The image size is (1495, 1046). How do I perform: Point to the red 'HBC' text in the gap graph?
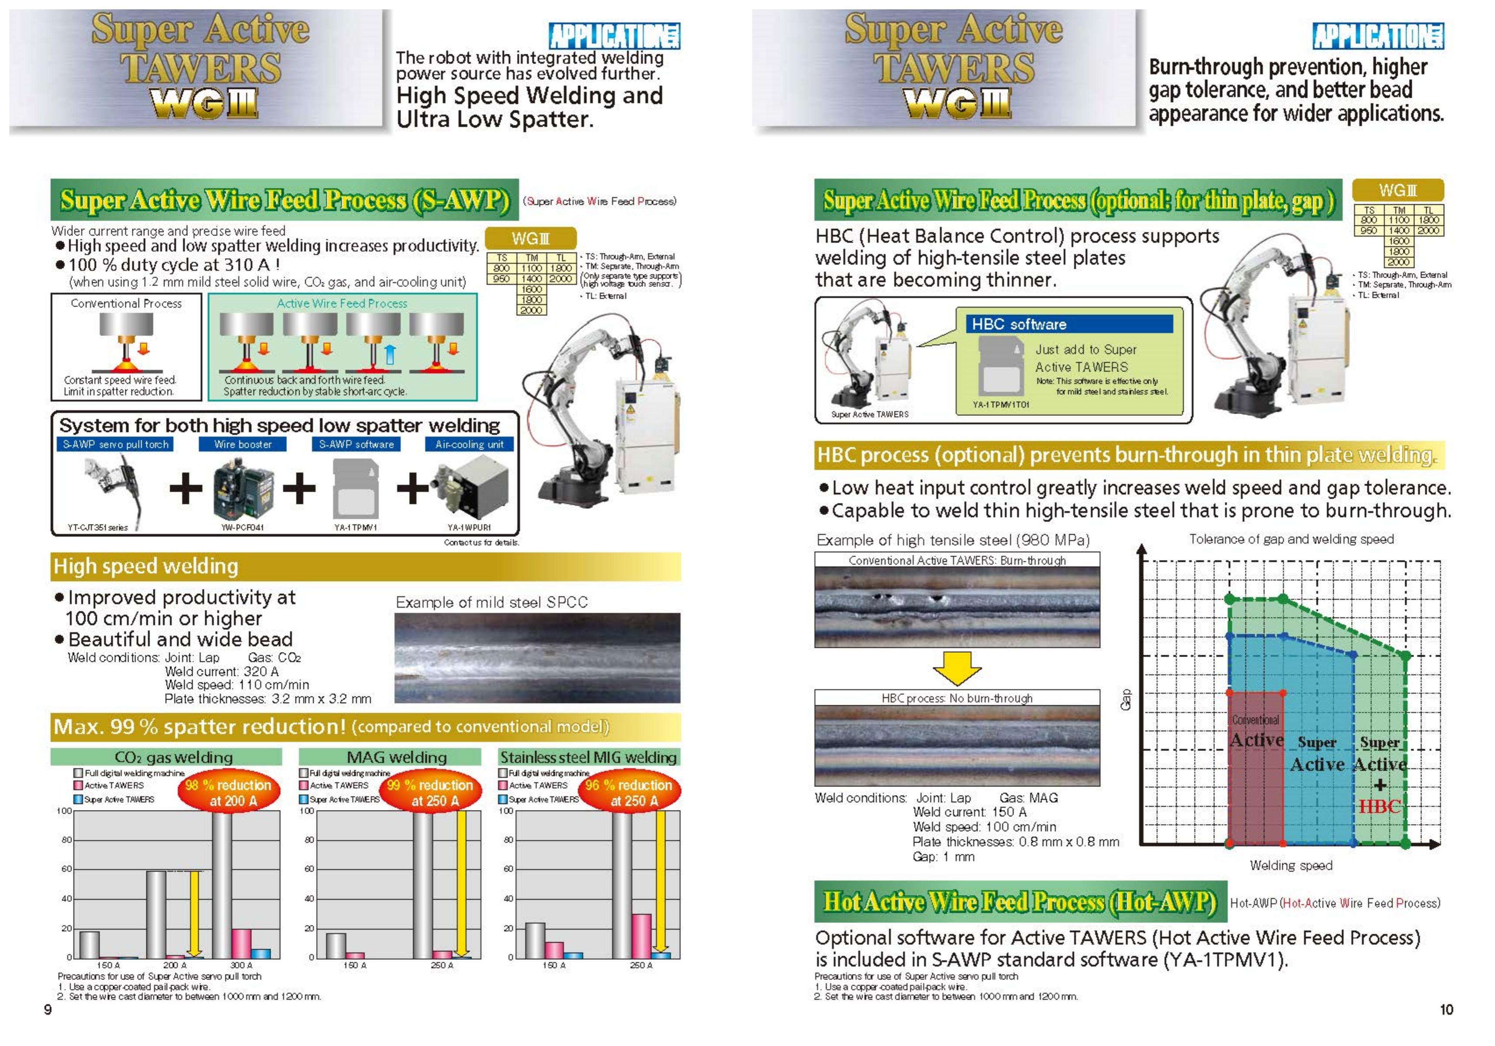click(x=1379, y=807)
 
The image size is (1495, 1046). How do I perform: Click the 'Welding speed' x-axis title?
click(x=1291, y=865)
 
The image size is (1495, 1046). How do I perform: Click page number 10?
click(x=1446, y=1009)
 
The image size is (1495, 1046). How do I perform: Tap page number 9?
click(x=47, y=1009)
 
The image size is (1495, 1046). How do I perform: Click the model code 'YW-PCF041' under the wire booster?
click(x=242, y=527)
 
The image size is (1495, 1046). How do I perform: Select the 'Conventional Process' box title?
click(x=126, y=303)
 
